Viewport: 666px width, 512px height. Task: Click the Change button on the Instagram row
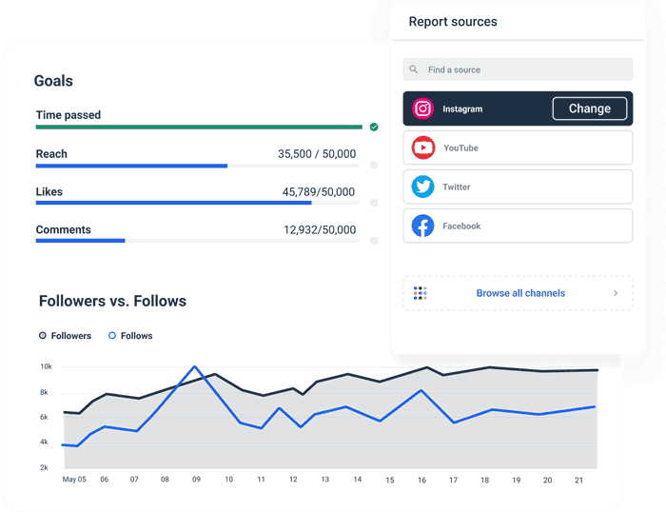[589, 108]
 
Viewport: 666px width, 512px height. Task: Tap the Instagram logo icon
[423, 108]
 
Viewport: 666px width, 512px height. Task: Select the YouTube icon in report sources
[423, 148]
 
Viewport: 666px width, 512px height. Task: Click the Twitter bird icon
[423, 187]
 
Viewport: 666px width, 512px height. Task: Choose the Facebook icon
[423, 226]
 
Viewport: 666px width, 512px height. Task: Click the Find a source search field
[518, 69]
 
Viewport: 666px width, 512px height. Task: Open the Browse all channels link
[520, 293]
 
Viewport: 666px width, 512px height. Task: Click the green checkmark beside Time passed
[374, 127]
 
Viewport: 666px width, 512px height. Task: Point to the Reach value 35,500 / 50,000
[317, 154]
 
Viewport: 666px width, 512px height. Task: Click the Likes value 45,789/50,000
[319, 192]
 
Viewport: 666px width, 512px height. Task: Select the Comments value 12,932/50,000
[320, 230]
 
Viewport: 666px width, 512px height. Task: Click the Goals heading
[53, 82]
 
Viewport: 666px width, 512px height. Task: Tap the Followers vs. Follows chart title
[112, 302]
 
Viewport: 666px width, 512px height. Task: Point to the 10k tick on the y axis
[46, 366]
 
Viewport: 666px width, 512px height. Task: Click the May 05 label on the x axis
[74, 480]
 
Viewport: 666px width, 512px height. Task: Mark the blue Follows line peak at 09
[195, 366]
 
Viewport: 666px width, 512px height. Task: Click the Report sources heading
[453, 22]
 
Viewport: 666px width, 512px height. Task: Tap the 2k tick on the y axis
[46, 467]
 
